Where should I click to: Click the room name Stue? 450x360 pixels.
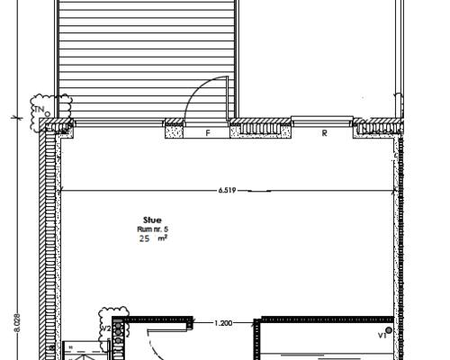pyautogui.click(x=152, y=220)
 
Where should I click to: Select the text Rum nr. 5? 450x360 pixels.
pyautogui.click(x=153, y=229)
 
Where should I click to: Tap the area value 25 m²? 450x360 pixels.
pyautogui.click(x=153, y=238)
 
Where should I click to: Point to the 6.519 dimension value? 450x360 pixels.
pyautogui.click(x=227, y=190)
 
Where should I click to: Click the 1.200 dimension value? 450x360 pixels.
pyautogui.click(x=223, y=323)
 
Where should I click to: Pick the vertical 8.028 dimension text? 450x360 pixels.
pyautogui.click(x=17, y=323)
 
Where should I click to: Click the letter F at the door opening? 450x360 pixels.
pyautogui.click(x=208, y=133)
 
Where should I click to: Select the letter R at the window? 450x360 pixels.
pyautogui.click(x=324, y=133)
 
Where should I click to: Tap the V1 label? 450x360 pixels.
pyautogui.click(x=382, y=336)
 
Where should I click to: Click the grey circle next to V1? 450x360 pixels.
pyautogui.click(x=389, y=330)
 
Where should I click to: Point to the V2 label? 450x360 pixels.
pyautogui.click(x=106, y=328)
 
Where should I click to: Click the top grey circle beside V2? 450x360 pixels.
pyautogui.click(x=119, y=325)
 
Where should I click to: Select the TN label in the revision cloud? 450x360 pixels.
pyautogui.click(x=39, y=110)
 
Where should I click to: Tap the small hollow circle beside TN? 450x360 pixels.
pyautogui.click(x=47, y=113)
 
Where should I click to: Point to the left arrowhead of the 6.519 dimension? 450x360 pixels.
pyautogui.click(x=62, y=190)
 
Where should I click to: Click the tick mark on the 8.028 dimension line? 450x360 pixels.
pyautogui.click(x=17, y=118)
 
